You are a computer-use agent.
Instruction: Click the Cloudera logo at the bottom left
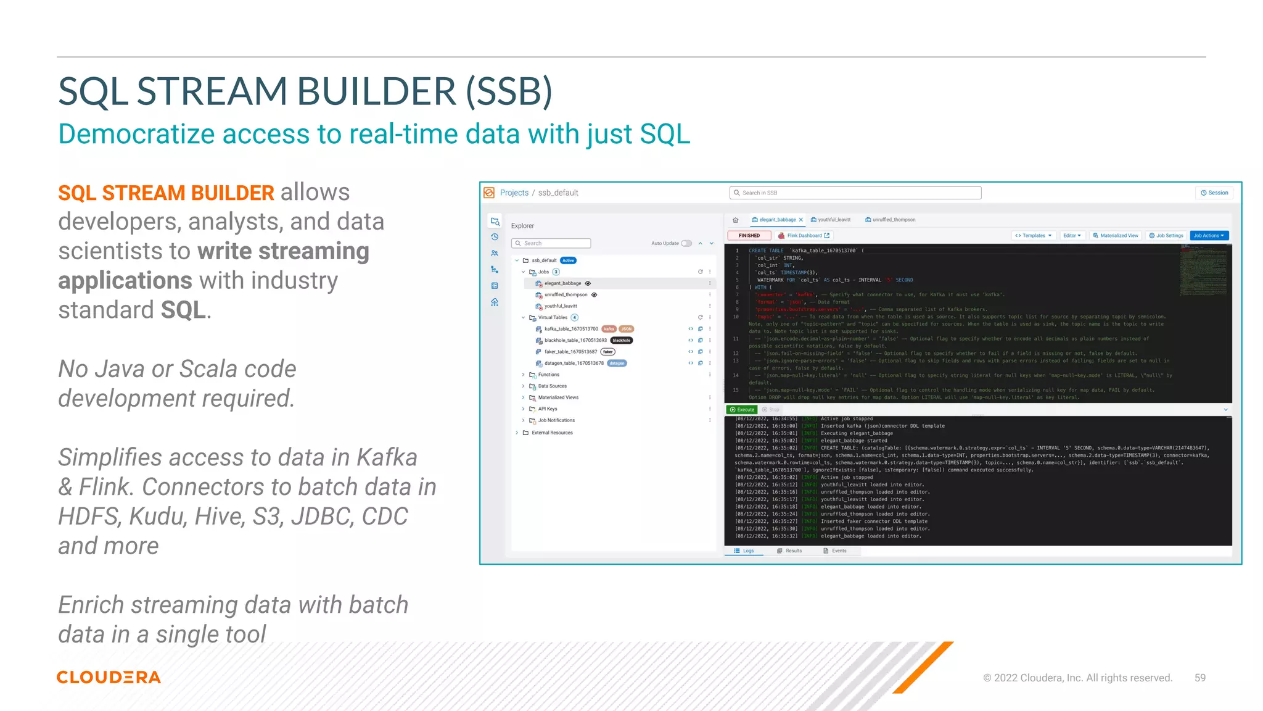pos(109,677)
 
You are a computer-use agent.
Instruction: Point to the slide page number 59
pos(1199,678)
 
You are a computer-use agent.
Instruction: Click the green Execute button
pos(742,410)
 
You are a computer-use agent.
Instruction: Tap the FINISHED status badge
pos(749,236)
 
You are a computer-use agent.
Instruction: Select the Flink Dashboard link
pos(804,236)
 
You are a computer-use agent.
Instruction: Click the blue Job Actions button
pos(1209,236)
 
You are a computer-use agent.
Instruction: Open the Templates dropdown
pos(1034,236)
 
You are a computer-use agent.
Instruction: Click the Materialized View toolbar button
pos(1116,236)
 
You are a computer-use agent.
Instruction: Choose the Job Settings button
pos(1166,236)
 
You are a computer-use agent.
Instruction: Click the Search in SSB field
pos(855,193)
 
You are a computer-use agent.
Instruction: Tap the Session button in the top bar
pos(1214,193)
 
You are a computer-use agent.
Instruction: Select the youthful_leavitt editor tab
pos(833,220)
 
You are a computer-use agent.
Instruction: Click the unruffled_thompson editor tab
pos(893,220)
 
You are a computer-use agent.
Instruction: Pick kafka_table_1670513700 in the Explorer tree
pos(571,329)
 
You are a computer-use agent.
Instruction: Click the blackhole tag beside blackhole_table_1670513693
pos(622,341)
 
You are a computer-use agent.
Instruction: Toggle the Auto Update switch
pos(686,243)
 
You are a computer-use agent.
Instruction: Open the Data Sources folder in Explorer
pos(552,386)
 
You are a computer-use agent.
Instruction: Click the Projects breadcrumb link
pos(514,193)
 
